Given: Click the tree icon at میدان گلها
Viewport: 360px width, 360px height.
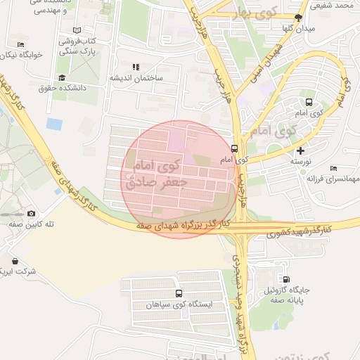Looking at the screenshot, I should [298, 18].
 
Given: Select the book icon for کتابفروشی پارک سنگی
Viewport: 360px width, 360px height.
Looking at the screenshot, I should [77, 32].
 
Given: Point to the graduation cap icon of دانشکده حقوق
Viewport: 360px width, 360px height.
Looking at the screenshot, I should [62, 78].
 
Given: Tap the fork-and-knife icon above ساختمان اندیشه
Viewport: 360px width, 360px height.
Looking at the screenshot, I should [135, 67].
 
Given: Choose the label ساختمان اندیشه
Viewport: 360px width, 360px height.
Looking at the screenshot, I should [135, 78].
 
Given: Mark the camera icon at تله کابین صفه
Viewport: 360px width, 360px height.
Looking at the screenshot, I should [31, 213].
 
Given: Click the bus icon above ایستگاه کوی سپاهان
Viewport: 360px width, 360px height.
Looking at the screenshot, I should [179, 293].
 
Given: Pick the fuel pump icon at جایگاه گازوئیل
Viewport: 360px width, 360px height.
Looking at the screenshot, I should [285, 279].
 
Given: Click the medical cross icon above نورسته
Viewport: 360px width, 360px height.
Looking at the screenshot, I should [301, 150].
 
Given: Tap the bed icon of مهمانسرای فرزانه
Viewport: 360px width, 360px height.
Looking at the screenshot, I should [333, 167].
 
